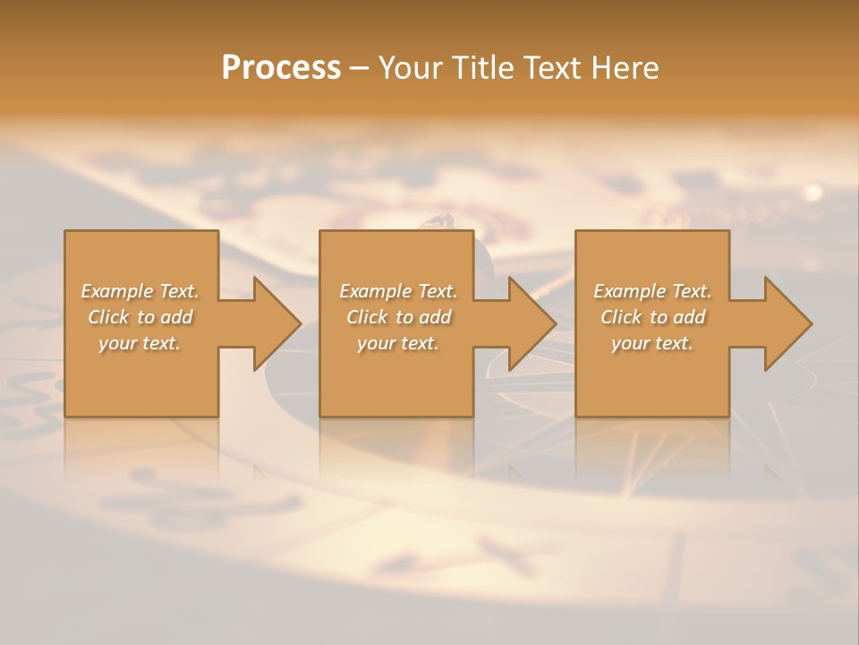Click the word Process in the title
[281, 68]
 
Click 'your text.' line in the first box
[140, 343]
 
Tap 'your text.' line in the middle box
[397, 343]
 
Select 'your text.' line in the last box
[652, 343]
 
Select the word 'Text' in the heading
[549, 68]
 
